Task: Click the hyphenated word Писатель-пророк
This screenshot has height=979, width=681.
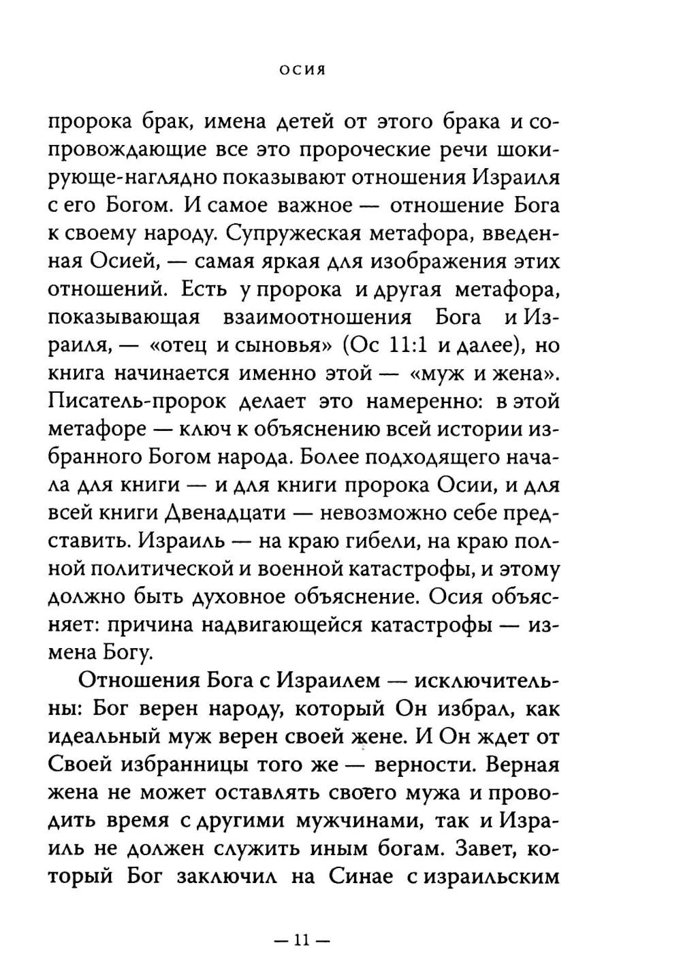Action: point(136,401)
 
